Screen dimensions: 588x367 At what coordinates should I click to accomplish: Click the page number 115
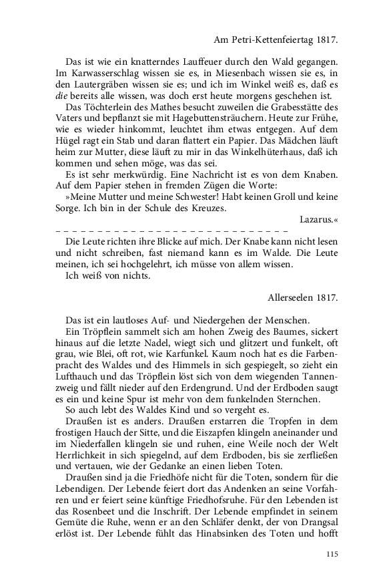pos(333,553)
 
